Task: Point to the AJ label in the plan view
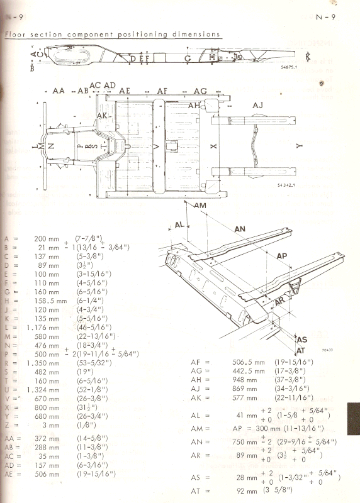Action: pyautogui.click(x=257, y=105)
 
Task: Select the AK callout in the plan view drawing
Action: pyautogui.click(x=102, y=116)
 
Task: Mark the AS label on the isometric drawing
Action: pyautogui.click(x=301, y=339)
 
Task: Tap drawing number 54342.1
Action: pyautogui.click(x=271, y=186)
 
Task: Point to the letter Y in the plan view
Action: pyautogui.click(x=300, y=145)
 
